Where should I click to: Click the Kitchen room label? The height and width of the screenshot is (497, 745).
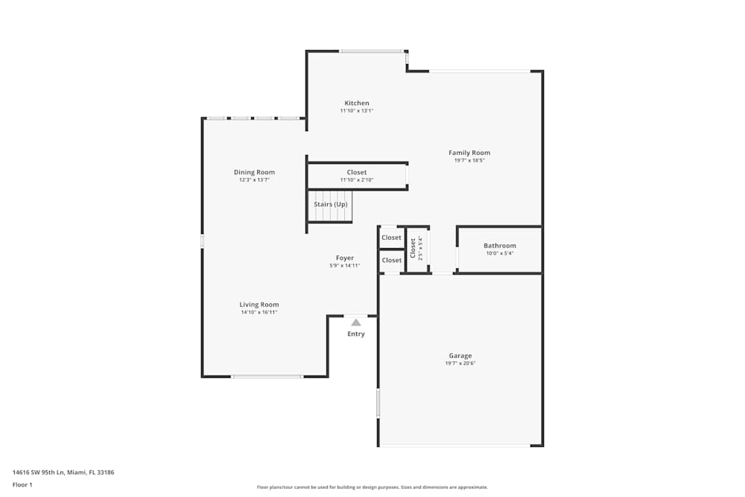356,103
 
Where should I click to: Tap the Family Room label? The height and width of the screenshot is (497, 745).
469,153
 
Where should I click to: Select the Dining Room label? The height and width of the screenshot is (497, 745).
254,172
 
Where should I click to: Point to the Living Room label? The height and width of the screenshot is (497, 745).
259,304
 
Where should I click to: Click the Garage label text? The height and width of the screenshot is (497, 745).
460,355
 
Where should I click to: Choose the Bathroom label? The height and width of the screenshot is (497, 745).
499,245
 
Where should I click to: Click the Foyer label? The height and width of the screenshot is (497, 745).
344,258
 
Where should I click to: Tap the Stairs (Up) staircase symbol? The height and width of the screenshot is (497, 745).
330,206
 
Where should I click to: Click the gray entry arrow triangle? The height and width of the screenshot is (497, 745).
356,323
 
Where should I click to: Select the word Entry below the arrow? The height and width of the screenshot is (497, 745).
356,334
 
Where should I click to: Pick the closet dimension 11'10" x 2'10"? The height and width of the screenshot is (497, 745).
356,180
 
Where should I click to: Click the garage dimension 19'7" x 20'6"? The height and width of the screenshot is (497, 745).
460,364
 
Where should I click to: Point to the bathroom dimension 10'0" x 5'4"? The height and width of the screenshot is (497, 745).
499,253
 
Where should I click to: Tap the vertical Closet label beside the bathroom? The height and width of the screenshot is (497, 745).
413,247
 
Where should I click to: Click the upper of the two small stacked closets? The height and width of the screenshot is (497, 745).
391,238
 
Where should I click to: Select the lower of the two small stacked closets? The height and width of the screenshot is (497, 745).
391,260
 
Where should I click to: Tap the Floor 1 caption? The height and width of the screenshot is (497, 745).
22,484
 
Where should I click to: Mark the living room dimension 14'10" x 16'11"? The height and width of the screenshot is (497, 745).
259,312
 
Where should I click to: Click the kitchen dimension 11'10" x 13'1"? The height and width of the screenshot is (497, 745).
356,111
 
